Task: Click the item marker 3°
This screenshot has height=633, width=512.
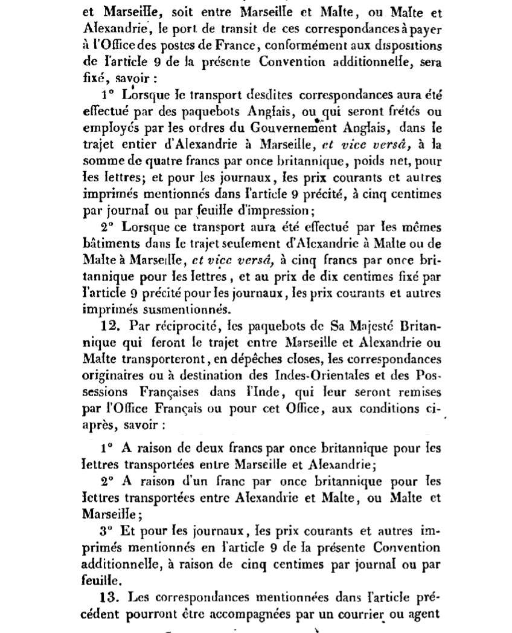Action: [x=105, y=530]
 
